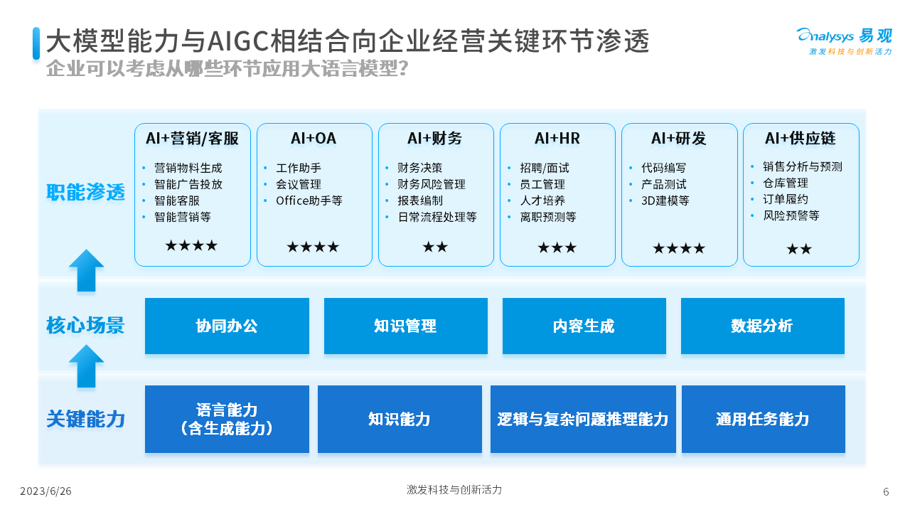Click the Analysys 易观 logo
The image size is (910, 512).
[x=844, y=41]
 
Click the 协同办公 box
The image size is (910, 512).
[x=227, y=326]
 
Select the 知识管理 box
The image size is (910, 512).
[x=406, y=326]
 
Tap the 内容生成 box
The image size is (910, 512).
[x=584, y=326]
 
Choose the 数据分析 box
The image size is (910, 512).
[x=763, y=326]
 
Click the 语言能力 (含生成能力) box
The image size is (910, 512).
[x=227, y=419]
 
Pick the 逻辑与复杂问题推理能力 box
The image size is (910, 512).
[x=583, y=419]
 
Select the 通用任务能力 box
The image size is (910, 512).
[x=764, y=419]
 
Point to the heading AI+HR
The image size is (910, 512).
[x=557, y=139]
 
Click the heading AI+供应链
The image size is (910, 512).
[x=801, y=139]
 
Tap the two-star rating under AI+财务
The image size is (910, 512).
[x=435, y=247]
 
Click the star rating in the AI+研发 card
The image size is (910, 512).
[x=679, y=248]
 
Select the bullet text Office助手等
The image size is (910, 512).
[x=309, y=201]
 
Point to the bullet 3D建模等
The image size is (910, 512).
[x=665, y=201]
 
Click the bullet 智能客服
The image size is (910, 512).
[x=177, y=201]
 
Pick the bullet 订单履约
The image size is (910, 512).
[x=786, y=200]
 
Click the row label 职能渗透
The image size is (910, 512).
[x=85, y=192]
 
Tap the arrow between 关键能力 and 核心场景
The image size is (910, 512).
[x=86, y=366]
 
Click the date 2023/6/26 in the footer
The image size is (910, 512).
[x=45, y=491]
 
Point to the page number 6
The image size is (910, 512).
[x=886, y=491]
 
